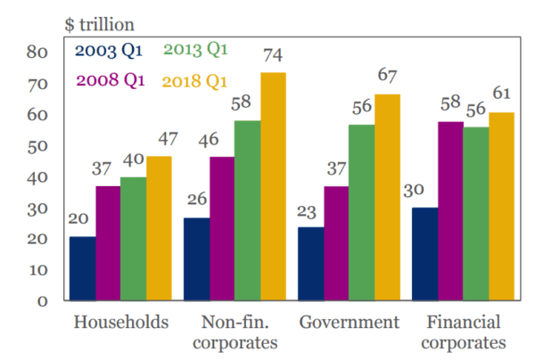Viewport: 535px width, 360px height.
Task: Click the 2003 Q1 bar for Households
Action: tap(83, 268)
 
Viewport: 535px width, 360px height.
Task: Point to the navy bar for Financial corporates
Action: tap(425, 254)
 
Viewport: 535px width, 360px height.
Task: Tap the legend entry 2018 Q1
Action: tap(195, 81)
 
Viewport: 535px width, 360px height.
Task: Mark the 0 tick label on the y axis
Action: tap(41, 301)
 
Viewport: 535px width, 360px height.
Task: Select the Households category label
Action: tap(120, 323)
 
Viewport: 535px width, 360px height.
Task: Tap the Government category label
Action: tap(349, 323)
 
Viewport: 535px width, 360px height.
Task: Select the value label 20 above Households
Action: tap(82, 220)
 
